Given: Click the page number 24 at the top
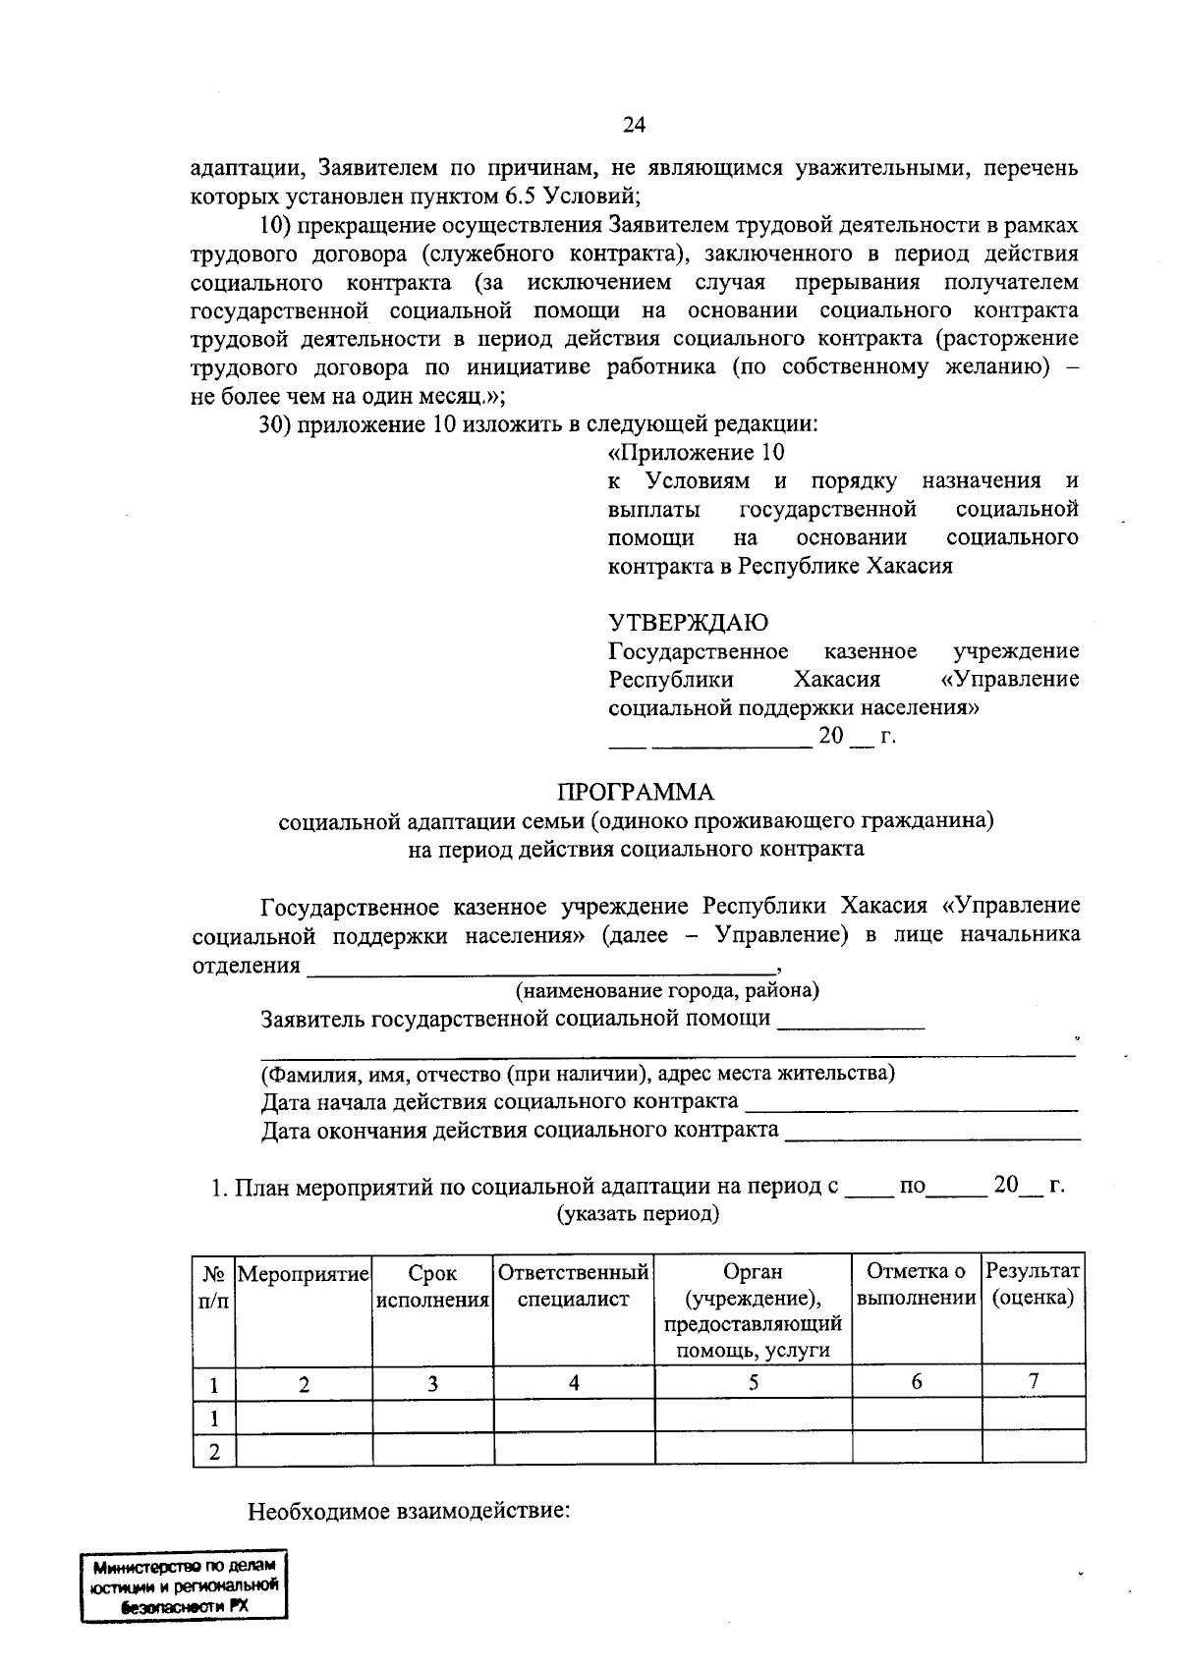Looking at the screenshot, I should point(634,125).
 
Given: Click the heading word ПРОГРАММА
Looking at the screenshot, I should point(636,792).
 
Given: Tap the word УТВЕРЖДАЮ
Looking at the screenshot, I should point(689,623).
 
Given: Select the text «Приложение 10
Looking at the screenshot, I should point(697,453).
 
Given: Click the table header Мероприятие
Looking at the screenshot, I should point(304,1274).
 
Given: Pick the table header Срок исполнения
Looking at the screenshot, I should point(432,1287).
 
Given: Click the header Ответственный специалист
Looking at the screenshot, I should point(574,1287).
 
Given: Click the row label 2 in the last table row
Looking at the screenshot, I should point(214,1452).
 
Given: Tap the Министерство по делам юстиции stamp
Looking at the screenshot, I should point(185,1585).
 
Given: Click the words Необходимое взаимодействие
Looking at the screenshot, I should point(409,1510).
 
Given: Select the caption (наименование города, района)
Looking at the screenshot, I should point(668,990).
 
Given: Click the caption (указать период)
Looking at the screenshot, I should point(639,1214).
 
